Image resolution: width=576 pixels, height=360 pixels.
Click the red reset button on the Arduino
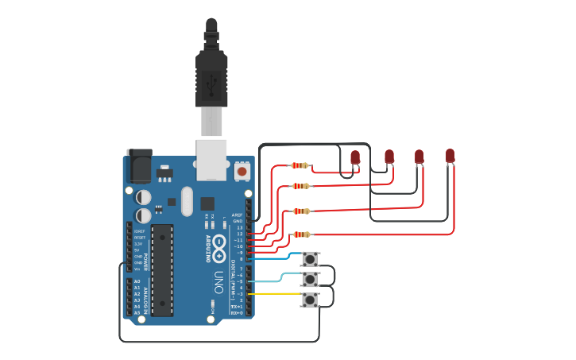(x=242, y=170)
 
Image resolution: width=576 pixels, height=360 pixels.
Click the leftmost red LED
(x=355, y=157)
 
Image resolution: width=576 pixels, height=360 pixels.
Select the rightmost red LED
(x=450, y=156)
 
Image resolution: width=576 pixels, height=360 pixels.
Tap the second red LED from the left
(x=389, y=157)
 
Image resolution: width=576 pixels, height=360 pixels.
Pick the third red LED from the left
(x=419, y=157)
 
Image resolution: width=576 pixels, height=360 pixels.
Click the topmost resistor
(x=300, y=165)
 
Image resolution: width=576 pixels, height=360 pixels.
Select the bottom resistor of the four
(x=300, y=234)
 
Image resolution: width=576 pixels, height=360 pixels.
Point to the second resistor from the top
(x=300, y=186)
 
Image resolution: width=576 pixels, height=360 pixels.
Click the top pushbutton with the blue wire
(x=310, y=259)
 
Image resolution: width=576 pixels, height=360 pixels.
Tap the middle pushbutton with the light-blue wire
(x=310, y=279)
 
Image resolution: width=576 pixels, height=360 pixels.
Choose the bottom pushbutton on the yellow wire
(x=310, y=300)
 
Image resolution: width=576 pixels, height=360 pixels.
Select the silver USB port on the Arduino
(x=211, y=159)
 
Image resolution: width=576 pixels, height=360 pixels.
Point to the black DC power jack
(x=139, y=165)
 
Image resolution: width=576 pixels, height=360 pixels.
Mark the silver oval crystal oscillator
(x=187, y=201)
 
